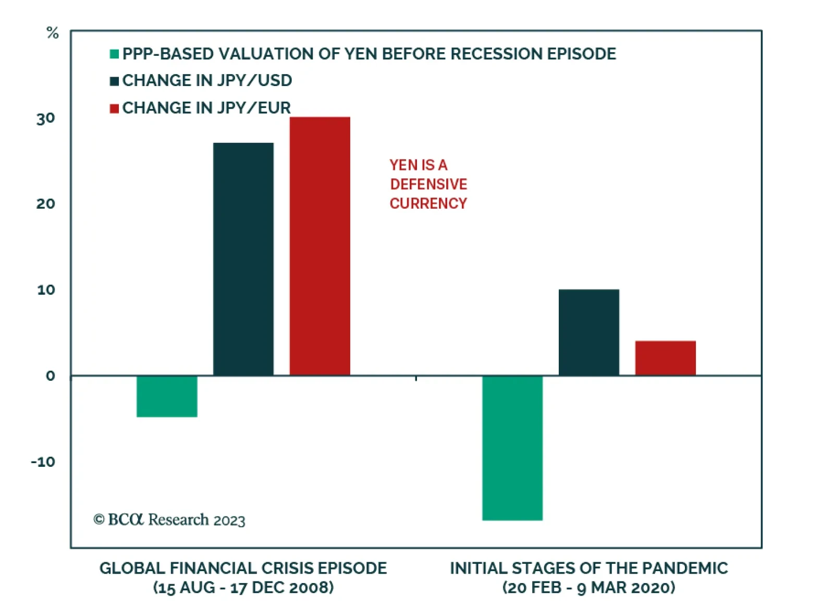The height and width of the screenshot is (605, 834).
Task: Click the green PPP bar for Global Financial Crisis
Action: click(x=167, y=396)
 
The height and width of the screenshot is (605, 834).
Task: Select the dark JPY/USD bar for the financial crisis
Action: click(x=243, y=259)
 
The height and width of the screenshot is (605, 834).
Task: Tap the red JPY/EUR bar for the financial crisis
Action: click(x=320, y=246)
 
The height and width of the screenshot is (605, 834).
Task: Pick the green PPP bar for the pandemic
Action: click(x=512, y=447)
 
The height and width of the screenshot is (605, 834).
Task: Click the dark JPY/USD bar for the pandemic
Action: click(x=588, y=332)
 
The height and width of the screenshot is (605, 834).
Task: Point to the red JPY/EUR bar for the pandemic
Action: click(x=665, y=358)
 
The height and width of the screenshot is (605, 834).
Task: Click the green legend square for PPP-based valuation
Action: click(x=114, y=54)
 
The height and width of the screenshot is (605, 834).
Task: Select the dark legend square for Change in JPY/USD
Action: click(x=114, y=81)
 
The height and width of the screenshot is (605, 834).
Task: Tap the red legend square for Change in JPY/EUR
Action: click(x=114, y=108)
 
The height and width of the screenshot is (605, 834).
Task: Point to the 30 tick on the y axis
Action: click(x=46, y=118)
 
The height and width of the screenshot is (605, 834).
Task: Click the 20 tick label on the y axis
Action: click(x=46, y=203)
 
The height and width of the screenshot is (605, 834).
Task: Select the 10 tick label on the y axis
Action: click(x=46, y=289)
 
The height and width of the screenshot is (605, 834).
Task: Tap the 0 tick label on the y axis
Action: click(x=51, y=376)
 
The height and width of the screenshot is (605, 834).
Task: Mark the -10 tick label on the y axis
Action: click(x=43, y=462)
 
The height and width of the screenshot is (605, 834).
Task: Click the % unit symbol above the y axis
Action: click(x=53, y=33)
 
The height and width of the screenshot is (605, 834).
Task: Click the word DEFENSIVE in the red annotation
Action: click(x=428, y=184)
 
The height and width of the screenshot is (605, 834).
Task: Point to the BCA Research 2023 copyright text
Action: click(x=169, y=519)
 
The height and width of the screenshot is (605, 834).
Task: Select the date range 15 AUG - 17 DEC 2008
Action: click(x=243, y=588)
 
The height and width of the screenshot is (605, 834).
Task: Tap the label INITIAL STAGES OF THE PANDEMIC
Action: click(x=588, y=568)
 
